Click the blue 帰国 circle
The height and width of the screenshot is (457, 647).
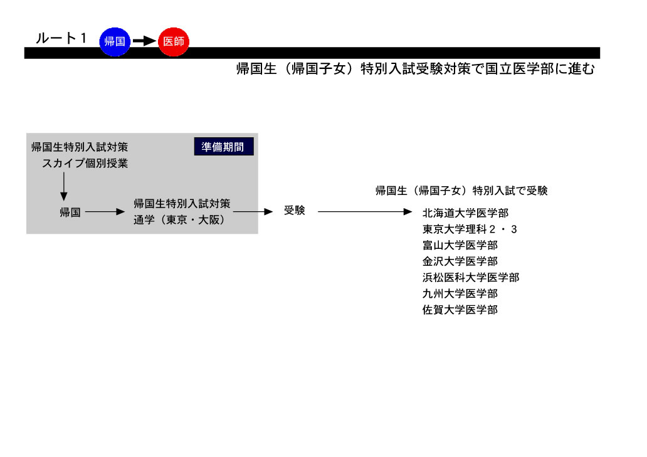coord(115,41)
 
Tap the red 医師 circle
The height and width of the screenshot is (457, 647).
coord(174,41)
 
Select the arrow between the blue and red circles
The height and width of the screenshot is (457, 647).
coord(144,41)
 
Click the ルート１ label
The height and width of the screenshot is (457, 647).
coord(61,38)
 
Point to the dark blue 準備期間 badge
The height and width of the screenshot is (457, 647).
coord(224,147)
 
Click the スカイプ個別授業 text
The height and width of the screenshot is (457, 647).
coord(85,164)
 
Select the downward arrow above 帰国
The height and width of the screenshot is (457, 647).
coord(63,186)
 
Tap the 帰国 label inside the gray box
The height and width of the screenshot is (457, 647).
coord(70,213)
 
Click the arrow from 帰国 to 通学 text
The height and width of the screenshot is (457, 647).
coord(105,212)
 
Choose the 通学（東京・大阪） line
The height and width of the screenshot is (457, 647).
coord(179,220)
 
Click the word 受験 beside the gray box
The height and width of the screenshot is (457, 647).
coord(294,211)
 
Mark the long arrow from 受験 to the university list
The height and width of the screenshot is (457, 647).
coord(365,212)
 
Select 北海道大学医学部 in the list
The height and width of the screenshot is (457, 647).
coord(465,213)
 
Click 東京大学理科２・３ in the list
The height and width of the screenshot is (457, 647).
coord(470,229)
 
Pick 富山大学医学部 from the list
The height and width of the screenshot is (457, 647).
coord(460,245)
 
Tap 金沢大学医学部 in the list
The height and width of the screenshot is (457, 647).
coord(460,261)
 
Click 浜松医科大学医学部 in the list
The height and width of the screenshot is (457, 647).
coord(471,277)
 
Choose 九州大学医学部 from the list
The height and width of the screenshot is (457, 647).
coord(460,293)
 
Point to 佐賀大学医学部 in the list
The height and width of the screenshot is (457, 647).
coord(460,309)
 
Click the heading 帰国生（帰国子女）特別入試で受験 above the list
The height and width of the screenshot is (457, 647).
coord(461,191)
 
